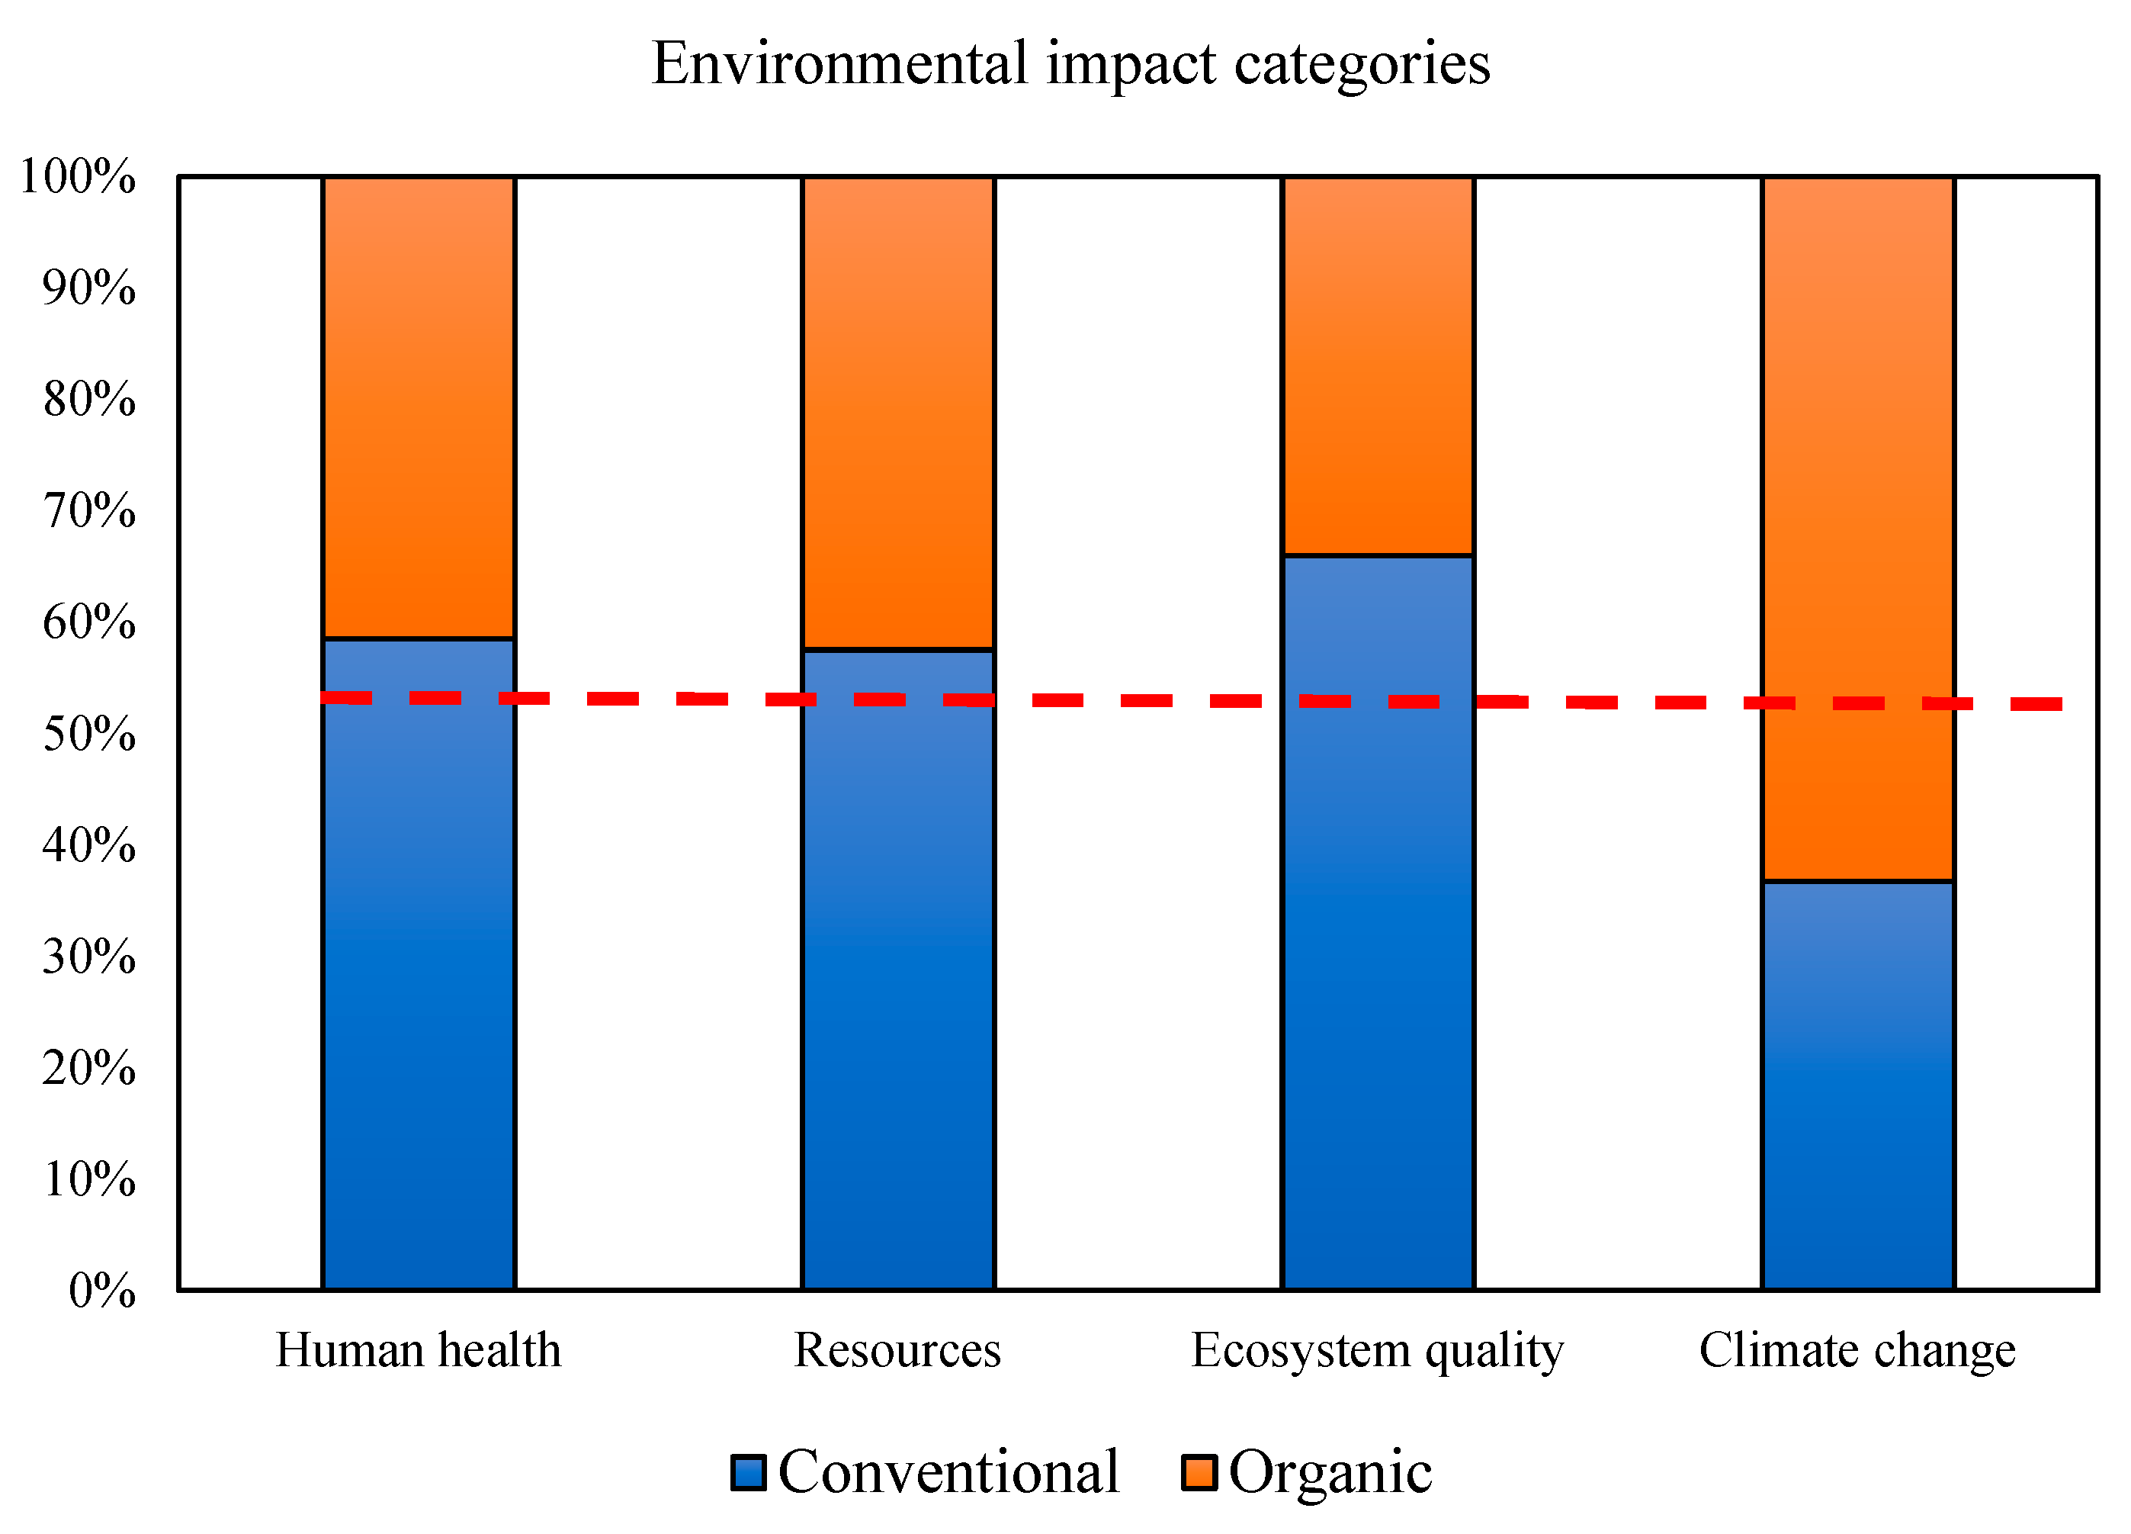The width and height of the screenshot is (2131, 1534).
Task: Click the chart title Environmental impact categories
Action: (x=1070, y=64)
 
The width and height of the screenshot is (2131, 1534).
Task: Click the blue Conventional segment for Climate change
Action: (x=1857, y=1085)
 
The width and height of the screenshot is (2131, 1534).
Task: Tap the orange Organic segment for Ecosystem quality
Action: (x=1378, y=365)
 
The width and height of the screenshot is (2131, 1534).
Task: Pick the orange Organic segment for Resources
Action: (x=897, y=412)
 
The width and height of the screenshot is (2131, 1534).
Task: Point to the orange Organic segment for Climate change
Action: (x=1857, y=529)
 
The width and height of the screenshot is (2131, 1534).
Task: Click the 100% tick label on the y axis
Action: (x=77, y=175)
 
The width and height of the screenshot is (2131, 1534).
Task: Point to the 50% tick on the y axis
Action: (x=88, y=734)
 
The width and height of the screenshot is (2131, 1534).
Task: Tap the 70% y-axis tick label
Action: (x=88, y=510)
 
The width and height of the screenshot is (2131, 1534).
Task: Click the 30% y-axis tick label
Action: (x=88, y=957)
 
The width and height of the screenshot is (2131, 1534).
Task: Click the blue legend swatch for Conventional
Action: (x=748, y=1473)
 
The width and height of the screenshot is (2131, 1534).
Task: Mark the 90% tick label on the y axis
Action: (x=88, y=288)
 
